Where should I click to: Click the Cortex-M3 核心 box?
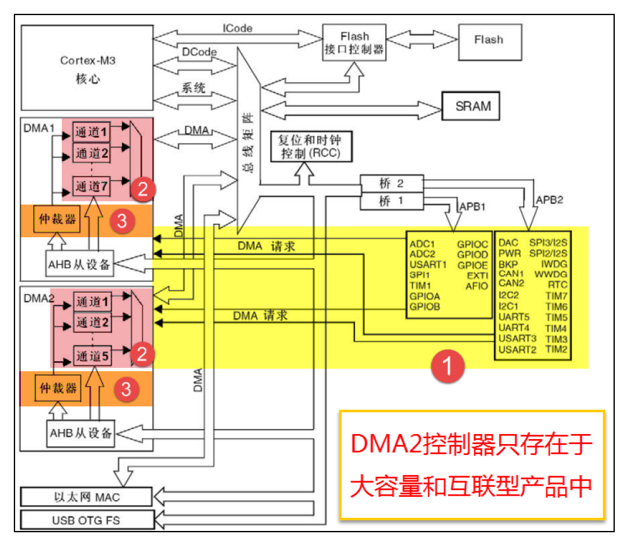click(88, 69)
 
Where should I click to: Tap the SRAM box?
click(473, 106)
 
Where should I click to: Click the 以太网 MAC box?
click(87, 497)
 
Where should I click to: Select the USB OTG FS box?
click(87, 520)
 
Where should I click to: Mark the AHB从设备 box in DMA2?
click(81, 433)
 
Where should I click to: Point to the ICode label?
click(237, 28)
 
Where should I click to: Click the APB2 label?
click(551, 201)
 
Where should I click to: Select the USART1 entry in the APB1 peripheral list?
click(427, 264)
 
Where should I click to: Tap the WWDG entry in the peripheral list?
click(551, 275)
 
